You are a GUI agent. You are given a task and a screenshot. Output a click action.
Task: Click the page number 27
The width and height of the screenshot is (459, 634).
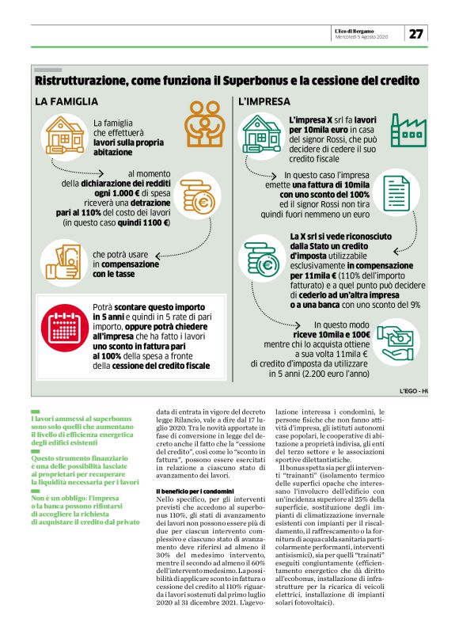coord(416,33)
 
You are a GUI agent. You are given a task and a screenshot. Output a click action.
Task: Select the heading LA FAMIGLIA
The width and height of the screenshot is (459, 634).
coord(66,101)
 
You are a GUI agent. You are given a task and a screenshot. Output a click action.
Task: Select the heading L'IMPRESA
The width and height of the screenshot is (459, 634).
coord(260,101)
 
